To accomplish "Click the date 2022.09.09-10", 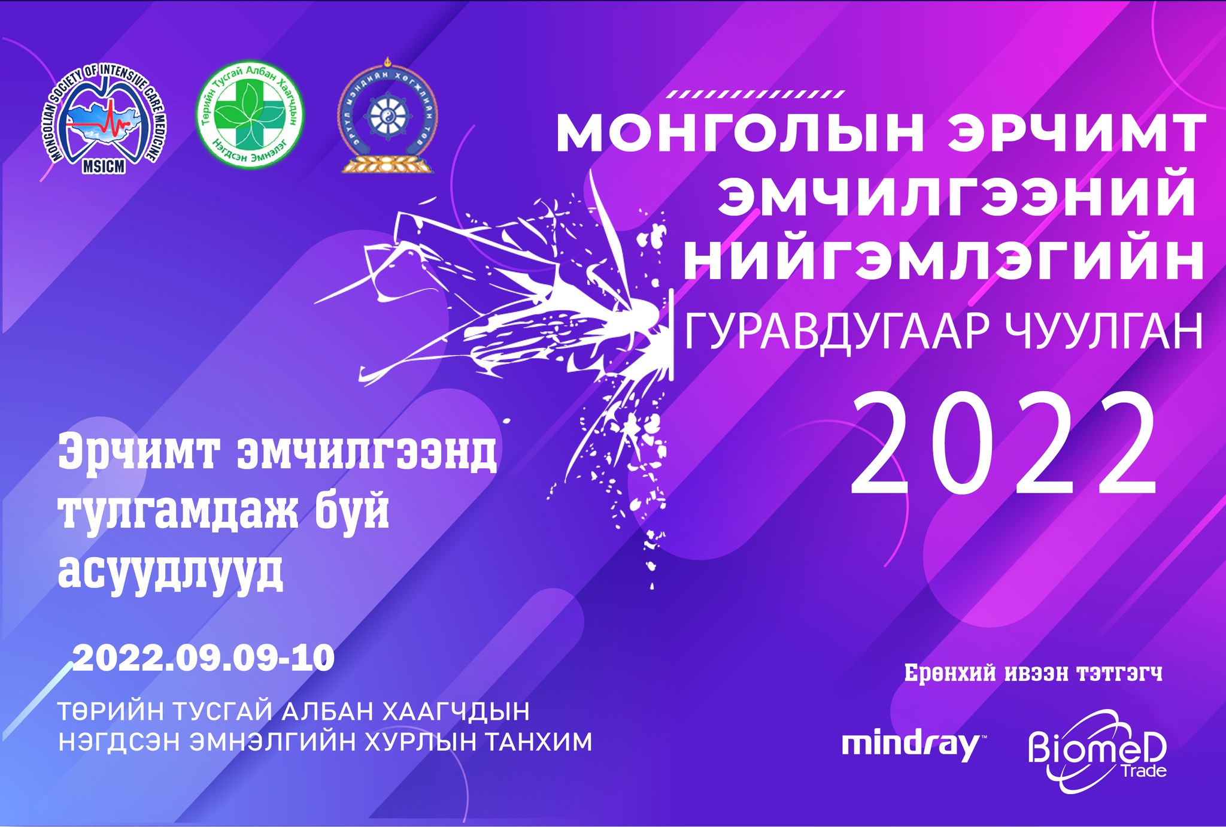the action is (204, 659).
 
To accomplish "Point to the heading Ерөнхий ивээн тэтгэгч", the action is (1033, 673).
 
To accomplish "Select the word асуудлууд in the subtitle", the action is (171, 572).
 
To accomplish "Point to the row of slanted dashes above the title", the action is (755, 94).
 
